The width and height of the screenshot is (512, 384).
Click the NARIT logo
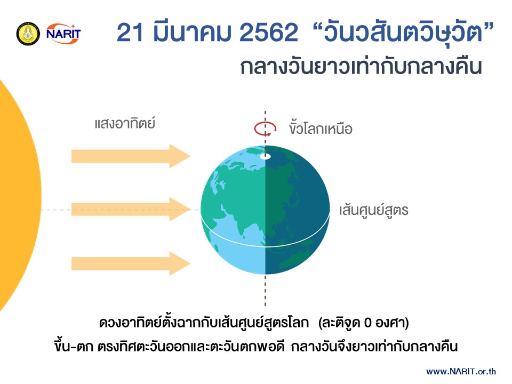coord(63,33)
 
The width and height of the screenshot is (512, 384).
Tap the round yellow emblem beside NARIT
coord(28,34)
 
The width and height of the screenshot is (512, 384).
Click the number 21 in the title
coord(130,33)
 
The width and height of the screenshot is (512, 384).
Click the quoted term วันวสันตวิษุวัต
coord(403,33)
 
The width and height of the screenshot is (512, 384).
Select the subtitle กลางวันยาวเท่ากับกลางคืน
coord(361,67)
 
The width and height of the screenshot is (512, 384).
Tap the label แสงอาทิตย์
coord(125,123)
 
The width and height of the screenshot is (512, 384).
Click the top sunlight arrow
coord(131,156)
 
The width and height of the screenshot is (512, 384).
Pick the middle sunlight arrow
coord(131,209)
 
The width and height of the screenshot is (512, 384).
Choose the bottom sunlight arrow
coord(131,263)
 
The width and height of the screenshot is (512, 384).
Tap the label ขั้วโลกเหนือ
coord(321,129)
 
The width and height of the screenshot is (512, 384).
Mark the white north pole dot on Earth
coord(265,156)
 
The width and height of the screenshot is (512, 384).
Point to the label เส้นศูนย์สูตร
coord(373,210)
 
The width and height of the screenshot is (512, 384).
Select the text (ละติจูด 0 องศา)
coord(363,323)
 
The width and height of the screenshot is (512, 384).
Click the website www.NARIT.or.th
coord(461,371)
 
